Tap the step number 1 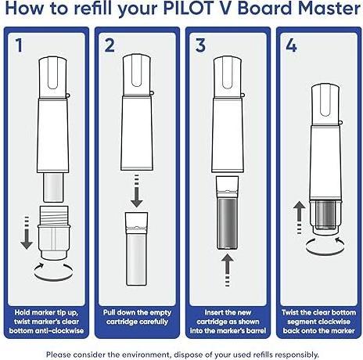[18, 45]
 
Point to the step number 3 [199, 45]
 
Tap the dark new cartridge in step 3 [227, 223]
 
